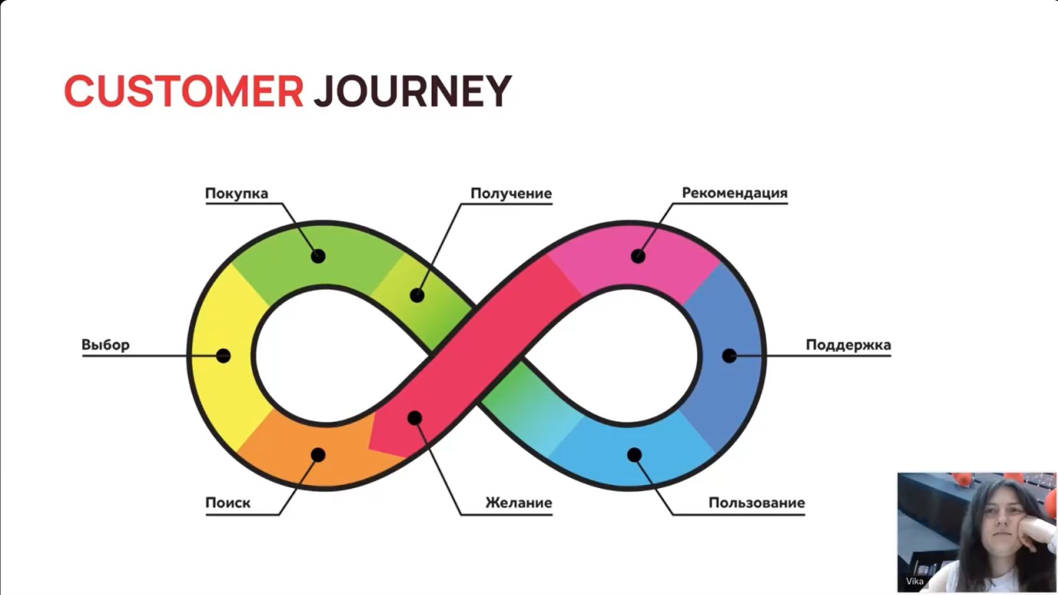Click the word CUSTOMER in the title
(184, 91)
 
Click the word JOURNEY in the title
(412, 91)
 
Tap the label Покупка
(236, 193)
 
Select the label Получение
(511, 193)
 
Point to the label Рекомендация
(734, 193)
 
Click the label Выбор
(105, 345)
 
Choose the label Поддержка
(848, 345)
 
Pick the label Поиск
(227, 503)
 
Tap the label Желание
(518, 503)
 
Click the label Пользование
(756, 503)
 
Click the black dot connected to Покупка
(318, 256)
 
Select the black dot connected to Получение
(417, 296)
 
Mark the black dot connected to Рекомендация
(638, 256)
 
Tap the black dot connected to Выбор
(224, 356)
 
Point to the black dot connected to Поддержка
(729, 356)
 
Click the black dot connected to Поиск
(318, 455)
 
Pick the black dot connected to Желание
(415, 418)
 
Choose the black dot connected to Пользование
(635, 455)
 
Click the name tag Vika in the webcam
(914, 581)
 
